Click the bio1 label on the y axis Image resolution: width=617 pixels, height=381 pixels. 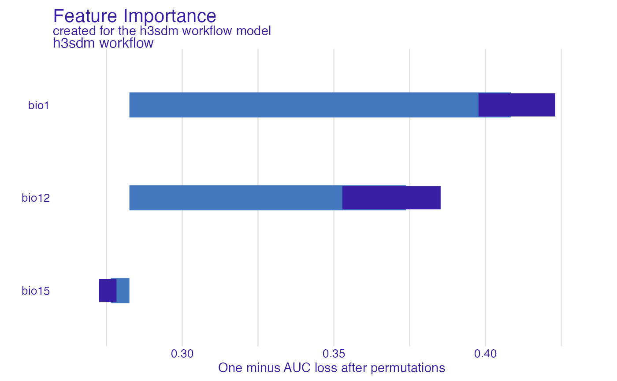(x=38, y=106)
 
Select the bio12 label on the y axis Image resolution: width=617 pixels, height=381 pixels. (x=36, y=198)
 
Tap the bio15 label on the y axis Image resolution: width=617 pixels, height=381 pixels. (x=36, y=291)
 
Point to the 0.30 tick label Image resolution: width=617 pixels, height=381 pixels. (x=182, y=354)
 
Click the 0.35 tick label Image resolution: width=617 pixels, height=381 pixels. (x=334, y=354)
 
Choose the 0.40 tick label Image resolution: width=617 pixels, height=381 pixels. (x=486, y=354)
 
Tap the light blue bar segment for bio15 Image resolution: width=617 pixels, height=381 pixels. (x=123, y=291)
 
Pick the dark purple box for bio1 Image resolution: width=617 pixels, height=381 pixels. (x=517, y=105)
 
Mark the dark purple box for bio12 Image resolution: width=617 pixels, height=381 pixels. (x=391, y=198)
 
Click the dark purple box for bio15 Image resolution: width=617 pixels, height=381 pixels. (x=107, y=291)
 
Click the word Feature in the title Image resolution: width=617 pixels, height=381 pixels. (x=86, y=16)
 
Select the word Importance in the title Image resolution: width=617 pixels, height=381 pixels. (x=170, y=16)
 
